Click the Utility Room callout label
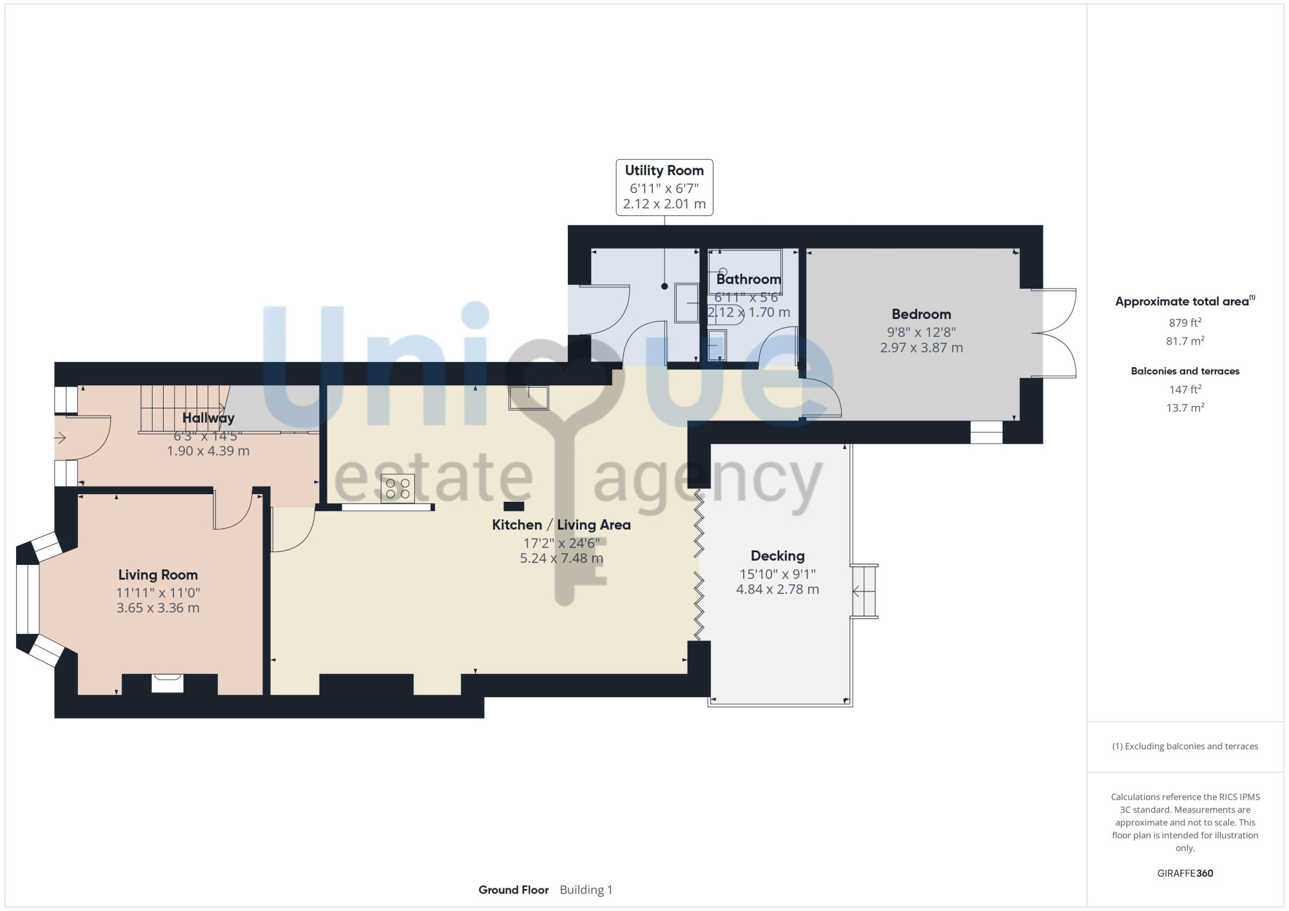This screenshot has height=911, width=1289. pyautogui.click(x=664, y=171)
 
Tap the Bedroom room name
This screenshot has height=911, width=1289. pyautogui.click(x=921, y=314)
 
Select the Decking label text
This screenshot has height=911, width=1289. pyautogui.click(x=777, y=556)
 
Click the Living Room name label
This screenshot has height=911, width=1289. pyautogui.click(x=158, y=575)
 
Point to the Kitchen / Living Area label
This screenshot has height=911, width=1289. pyautogui.click(x=561, y=525)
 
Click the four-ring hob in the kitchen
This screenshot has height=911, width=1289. pyautogui.click(x=398, y=488)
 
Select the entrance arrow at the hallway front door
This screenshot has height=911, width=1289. pyautogui.click(x=60, y=439)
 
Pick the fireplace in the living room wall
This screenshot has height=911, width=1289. pyautogui.click(x=168, y=683)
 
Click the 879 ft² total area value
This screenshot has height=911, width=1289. pyautogui.click(x=1185, y=322)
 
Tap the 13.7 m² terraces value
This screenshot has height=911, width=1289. pyautogui.click(x=1185, y=407)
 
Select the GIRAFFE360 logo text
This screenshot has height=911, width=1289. pyautogui.click(x=1185, y=874)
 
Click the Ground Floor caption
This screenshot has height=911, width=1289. pyautogui.click(x=514, y=890)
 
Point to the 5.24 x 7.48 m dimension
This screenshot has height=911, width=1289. pyautogui.click(x=561, y=559)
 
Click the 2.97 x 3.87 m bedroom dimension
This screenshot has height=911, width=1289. pyautogui.click(x=921, y=348)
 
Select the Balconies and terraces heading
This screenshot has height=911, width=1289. pyautogui.click(x=1185, y=371)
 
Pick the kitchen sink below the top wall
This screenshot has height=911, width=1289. pyautogui.click(x=528, y=398)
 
